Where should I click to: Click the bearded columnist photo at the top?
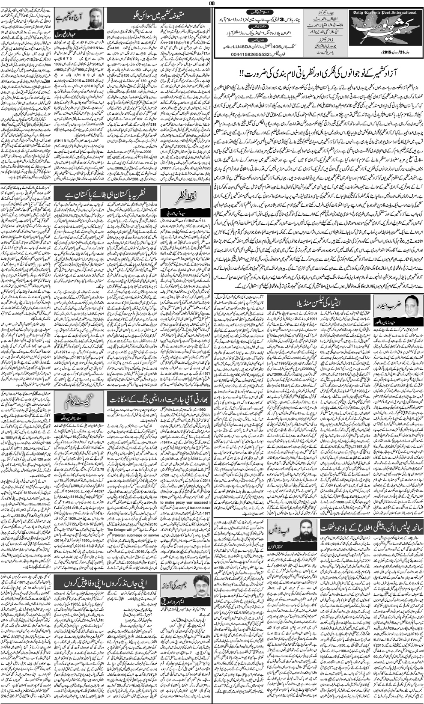pyautogui.click(x=96, y=19)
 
